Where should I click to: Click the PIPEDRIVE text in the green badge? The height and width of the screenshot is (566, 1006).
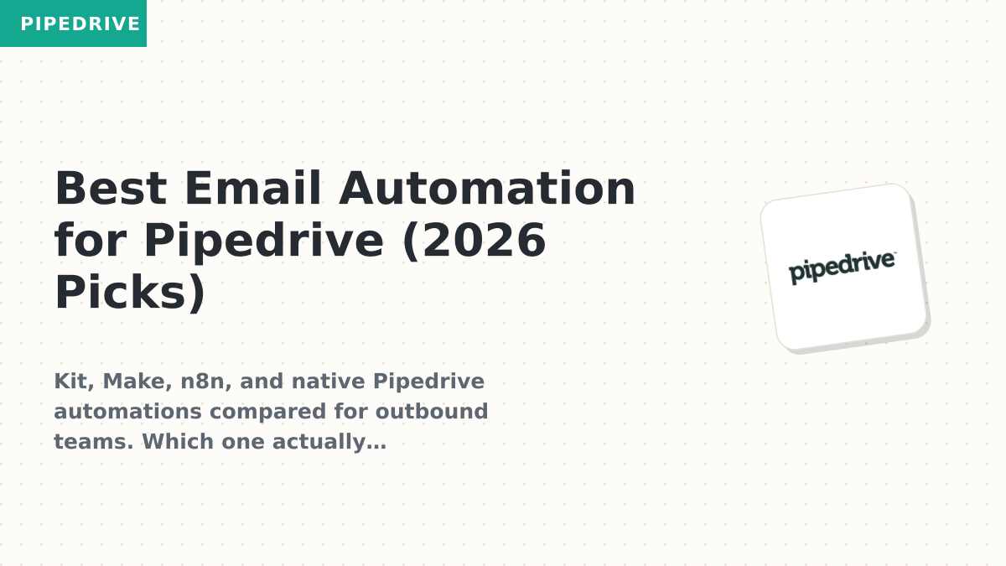point(80,23)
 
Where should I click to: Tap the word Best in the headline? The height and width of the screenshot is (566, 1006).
point(111,188)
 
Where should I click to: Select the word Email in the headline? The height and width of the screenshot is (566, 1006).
point(253,188)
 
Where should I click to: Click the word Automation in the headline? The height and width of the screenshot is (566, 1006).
point(487,188)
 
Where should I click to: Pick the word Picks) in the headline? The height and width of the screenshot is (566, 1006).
point(130,293)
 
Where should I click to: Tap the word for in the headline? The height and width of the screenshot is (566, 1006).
point(91,240)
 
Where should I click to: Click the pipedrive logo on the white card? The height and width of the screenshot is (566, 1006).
point(842,267)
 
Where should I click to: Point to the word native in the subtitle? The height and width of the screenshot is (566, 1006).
point(328,382)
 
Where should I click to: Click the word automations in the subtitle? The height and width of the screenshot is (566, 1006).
point(127,412)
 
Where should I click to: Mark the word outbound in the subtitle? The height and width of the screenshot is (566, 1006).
point(432,412)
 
